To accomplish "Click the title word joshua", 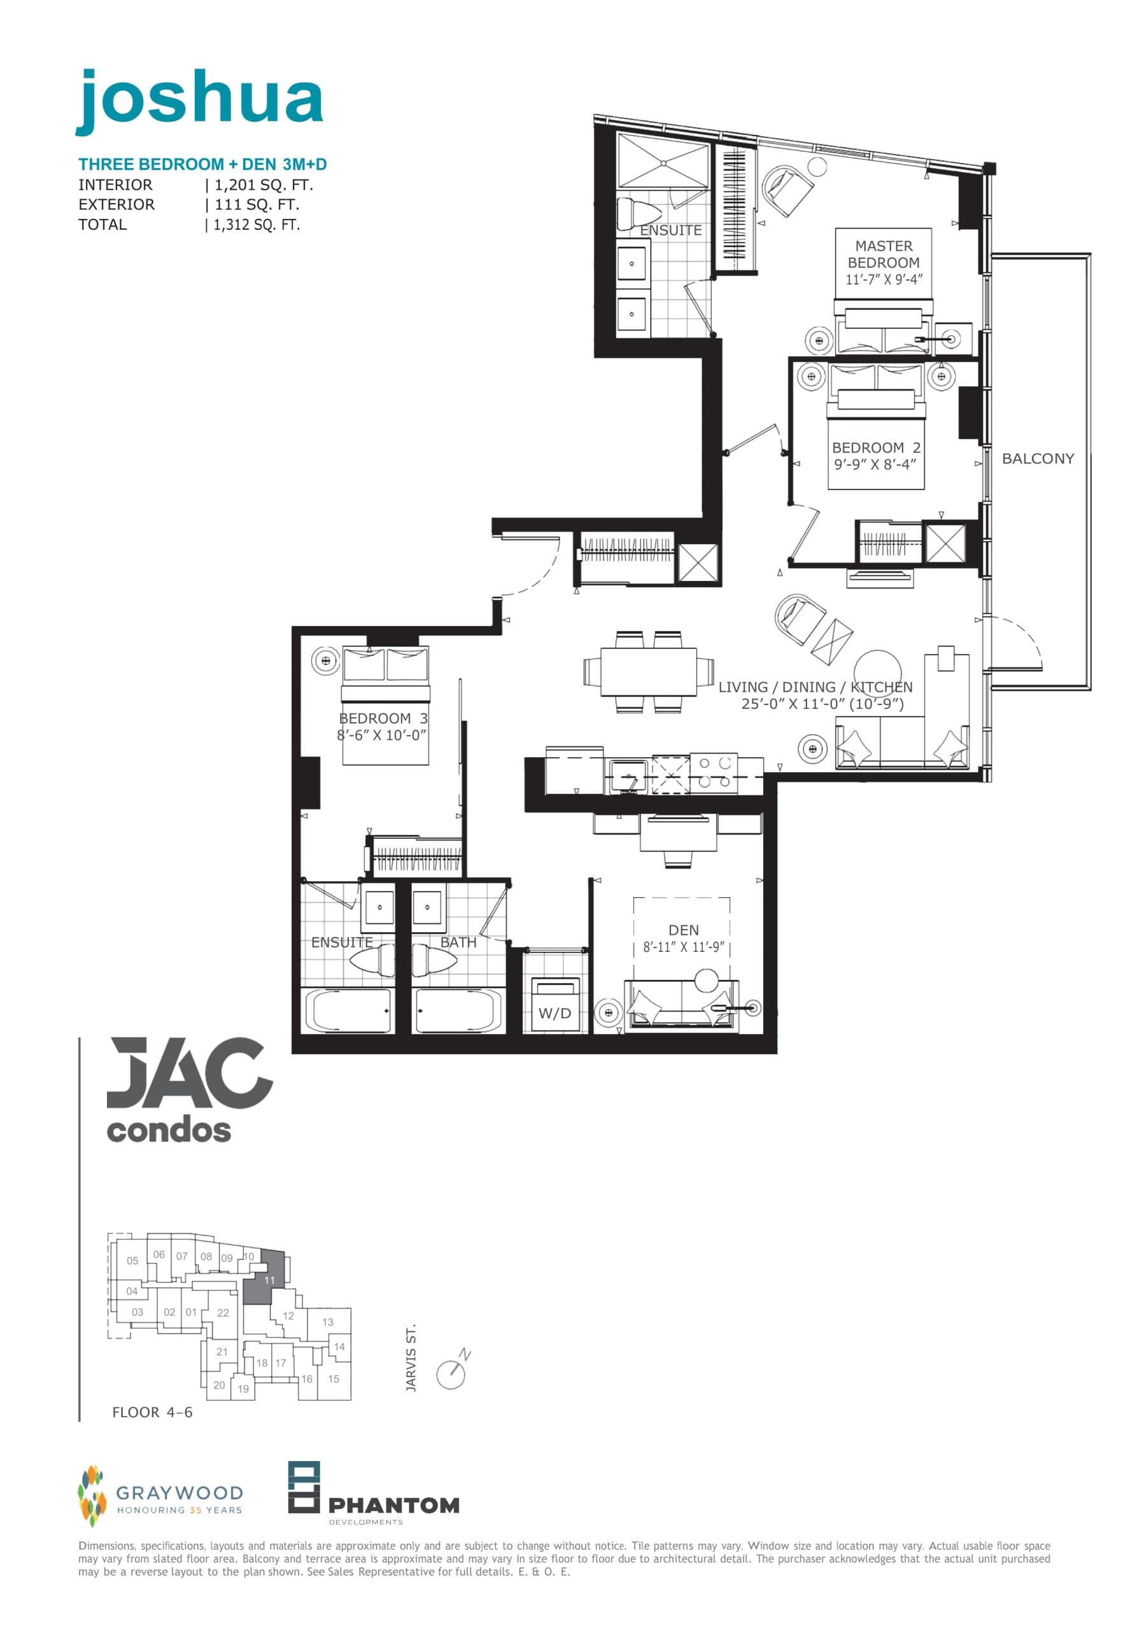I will [x=199, y=101].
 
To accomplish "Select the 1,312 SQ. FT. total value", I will [x=257, y=225].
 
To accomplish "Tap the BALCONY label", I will [x=1038, y=458].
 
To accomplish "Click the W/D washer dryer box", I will [x=555, y=1007].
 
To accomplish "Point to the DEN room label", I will [x=684, y=930].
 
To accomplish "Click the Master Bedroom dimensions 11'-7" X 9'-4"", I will [x=884, y=280].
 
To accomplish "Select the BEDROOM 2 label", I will [x=876, y=448].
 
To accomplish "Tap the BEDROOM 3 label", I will [x=383, y=718].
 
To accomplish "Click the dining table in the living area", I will [x=648, y=672].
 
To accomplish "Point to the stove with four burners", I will [x=714, y=772].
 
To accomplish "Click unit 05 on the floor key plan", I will [x=132, y=1261].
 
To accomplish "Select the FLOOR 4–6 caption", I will [x=152, y=1412].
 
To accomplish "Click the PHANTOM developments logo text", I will [x=393, y=1506].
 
